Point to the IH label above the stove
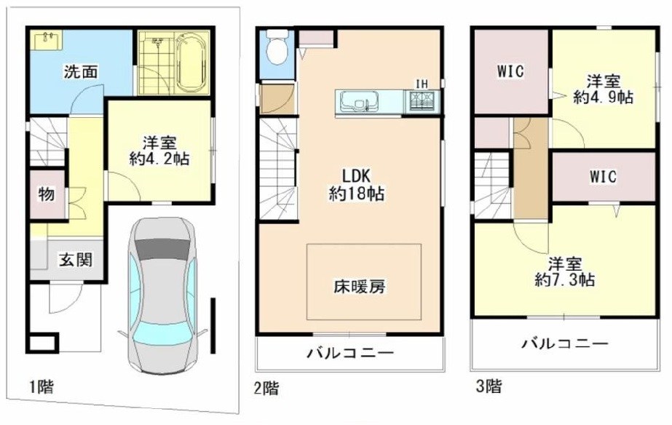click(421, 83)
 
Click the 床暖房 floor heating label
click(363, 286)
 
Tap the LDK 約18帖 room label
click(355, 185)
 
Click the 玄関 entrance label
click(75, 259)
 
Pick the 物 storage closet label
click(46, 195)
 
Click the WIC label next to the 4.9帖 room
click(510, 71)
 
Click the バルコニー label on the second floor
click(349, 354)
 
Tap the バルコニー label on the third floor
click(565, 343)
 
